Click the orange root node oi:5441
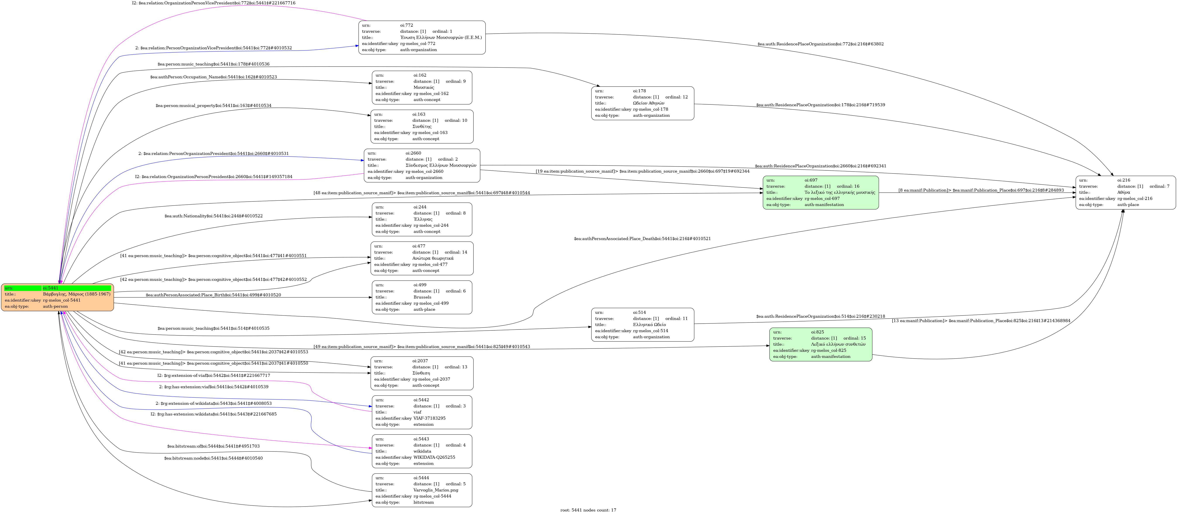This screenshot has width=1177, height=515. (58, 297)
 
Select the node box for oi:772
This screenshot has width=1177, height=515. (422, 38)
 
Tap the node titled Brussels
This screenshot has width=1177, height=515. (422, 297)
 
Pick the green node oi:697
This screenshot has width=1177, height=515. (820, 192)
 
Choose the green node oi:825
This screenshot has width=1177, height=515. (820, 344)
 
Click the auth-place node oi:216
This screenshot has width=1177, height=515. (1125, 192)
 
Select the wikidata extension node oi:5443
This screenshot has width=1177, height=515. (422, 451)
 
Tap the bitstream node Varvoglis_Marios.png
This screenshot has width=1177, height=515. (422, 490)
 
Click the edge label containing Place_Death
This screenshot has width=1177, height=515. (642, 239)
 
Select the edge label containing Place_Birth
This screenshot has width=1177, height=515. (213, 295)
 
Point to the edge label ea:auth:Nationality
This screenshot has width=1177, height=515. (213, 216)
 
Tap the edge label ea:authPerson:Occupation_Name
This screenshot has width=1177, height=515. (213, 77)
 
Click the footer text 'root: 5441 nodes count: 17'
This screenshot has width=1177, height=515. (588, 510)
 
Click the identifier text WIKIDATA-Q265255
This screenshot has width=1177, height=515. (434, 457)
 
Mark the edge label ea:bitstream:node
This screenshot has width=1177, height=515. (213, 458)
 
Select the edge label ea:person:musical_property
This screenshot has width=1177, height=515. (213, 106)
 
